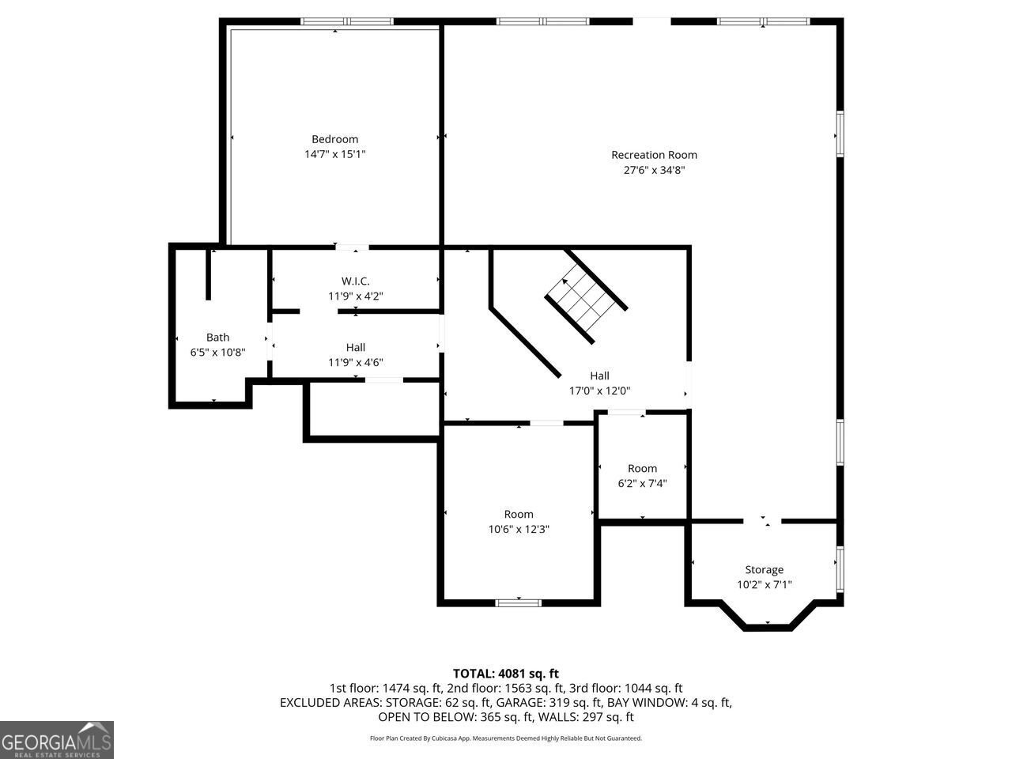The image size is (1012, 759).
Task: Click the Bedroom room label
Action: [x=334, y=139]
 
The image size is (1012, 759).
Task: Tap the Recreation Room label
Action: [x=654, y=155]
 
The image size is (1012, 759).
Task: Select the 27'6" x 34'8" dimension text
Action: [x=654, y=170]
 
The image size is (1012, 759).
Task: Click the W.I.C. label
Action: [x=355, y=281]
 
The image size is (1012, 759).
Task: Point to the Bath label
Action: [x=217, y=338]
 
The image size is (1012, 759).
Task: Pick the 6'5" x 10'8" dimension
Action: [x=217, y=353]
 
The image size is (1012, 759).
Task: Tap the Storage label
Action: [x=764, y=570]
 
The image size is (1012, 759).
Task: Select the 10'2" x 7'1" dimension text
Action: [x=764, y=585]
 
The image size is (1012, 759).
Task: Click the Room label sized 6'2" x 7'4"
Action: [x=642, y=468]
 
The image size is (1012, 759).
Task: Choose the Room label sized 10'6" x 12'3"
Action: [x=519, y=514]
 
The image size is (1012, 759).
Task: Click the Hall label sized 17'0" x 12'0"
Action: [x=599, y=376]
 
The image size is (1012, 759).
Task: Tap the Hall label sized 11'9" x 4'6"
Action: [x=355, y=347]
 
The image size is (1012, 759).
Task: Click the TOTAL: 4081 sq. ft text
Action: [x=505, y=674]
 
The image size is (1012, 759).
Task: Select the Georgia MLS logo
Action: [x=57, y=740]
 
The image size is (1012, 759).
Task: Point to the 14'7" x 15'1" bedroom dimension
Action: [x=334, y=154]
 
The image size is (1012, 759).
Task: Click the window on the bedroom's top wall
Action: [x=336, y=21]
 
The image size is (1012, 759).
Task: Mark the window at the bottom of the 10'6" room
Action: [x=519, y=603]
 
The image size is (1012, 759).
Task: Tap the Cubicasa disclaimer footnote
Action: [x=505, y=738]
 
